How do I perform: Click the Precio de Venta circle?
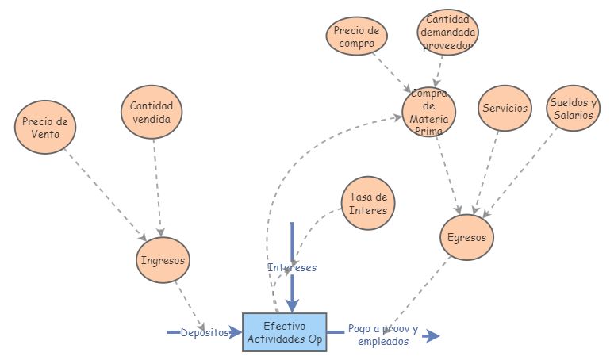pyautogui.click(x=44, y=128)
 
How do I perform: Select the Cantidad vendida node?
pyautogui.click(x=152, y=113)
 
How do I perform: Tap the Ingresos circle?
pyautogui.click(x=163, y=259)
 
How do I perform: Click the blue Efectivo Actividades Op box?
pyautogui.click(x=284, y=332)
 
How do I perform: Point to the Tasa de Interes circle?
pyautogui.click(x=368, y=203)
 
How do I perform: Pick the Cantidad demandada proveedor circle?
pyautogui.click(x=448, y=33)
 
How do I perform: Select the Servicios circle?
pyautogui.click(x=505, y=109)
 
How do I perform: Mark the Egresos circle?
pyautogui.click(x=467, y=236)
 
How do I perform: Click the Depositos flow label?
pyautogui.click(x=204, y=332)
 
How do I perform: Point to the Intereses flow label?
pyautogui.click(x=292, y=267)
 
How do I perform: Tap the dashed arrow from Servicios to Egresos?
pyautogui.click(x=487, y=170)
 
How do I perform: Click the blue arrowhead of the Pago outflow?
pyautogui.click(x=432, y=336)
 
